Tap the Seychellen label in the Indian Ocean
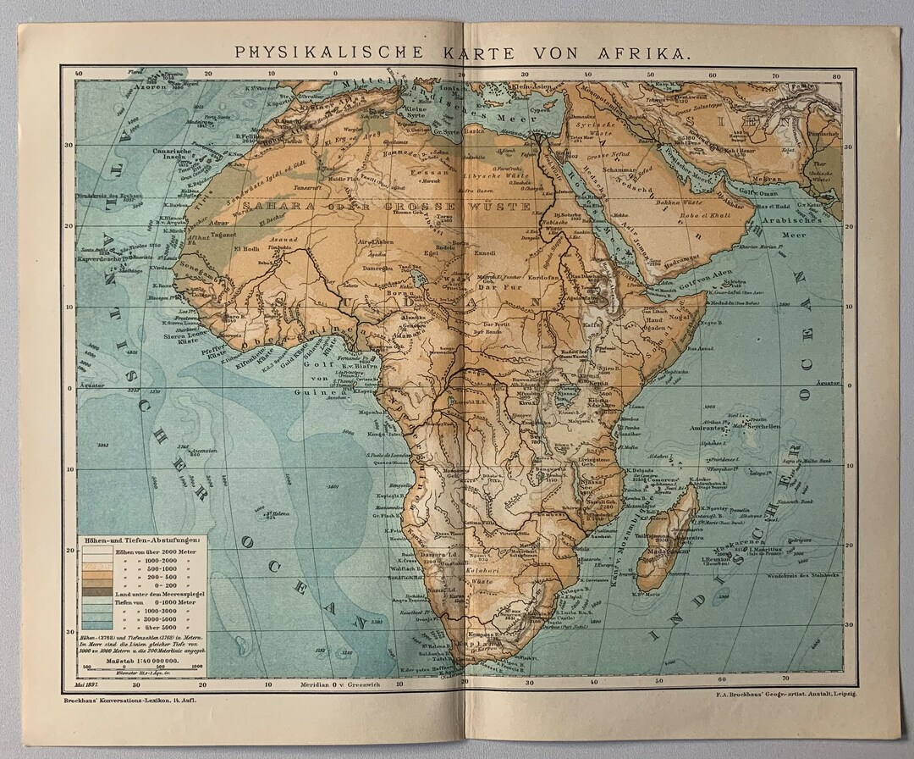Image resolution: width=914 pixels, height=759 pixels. tap(762, 426)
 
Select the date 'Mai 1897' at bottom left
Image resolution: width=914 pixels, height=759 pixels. tap(88, 684)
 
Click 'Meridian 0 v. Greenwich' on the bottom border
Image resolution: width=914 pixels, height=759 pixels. tap(334, 684)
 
